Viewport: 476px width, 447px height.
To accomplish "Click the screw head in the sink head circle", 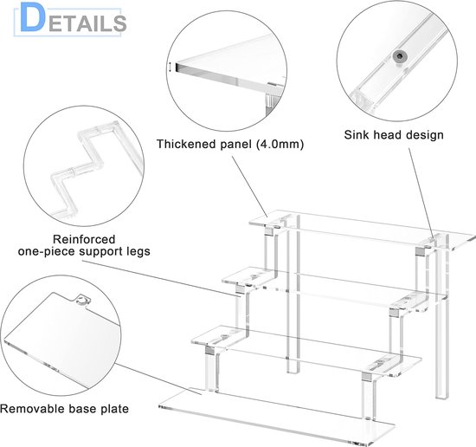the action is pos(399,56).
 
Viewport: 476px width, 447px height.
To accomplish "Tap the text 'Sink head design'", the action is pos(394,134).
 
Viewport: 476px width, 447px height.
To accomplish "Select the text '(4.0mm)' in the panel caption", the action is pos(280,144).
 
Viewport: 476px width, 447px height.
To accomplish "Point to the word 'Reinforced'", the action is pos(84,239).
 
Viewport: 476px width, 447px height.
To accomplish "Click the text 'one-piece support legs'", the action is pos(84,251).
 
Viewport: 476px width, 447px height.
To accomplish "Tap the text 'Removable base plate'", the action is pos(64,409).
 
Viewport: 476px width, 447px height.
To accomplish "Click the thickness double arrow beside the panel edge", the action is pos(170,68).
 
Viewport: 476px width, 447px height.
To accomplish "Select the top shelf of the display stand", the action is pos(361,230).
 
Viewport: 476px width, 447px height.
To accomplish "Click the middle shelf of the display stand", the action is pos(334,288).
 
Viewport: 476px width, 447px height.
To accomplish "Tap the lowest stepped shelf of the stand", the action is pos(306,349).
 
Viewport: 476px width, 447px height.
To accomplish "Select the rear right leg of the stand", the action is pos(442,316).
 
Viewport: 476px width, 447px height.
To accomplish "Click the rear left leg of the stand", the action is pos(293,295).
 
